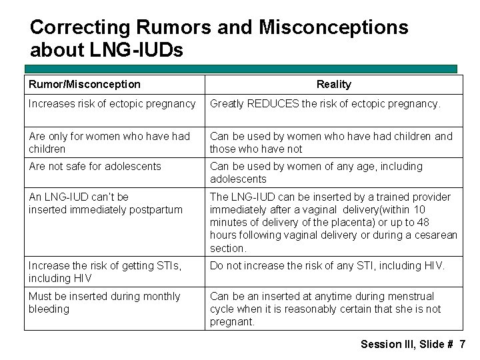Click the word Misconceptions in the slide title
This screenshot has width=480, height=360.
pos(333,27)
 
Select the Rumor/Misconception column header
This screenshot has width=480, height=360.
pos(85,84)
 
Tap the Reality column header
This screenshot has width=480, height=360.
pos(333,84)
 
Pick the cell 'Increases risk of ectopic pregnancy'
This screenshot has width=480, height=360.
pos(112,104)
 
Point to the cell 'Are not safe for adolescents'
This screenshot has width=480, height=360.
pos(95,166)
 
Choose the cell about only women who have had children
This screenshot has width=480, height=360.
pos(109,142)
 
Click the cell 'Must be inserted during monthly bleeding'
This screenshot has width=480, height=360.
pos(104,302)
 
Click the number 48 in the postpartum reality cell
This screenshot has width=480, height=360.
pos(422,222)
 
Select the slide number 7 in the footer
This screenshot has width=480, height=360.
pos(462,344)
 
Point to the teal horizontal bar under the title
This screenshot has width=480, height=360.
pos(241,69)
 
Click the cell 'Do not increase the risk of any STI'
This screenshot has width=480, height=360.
pos(327,265)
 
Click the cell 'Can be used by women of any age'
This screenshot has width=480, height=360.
pos(316,172)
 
